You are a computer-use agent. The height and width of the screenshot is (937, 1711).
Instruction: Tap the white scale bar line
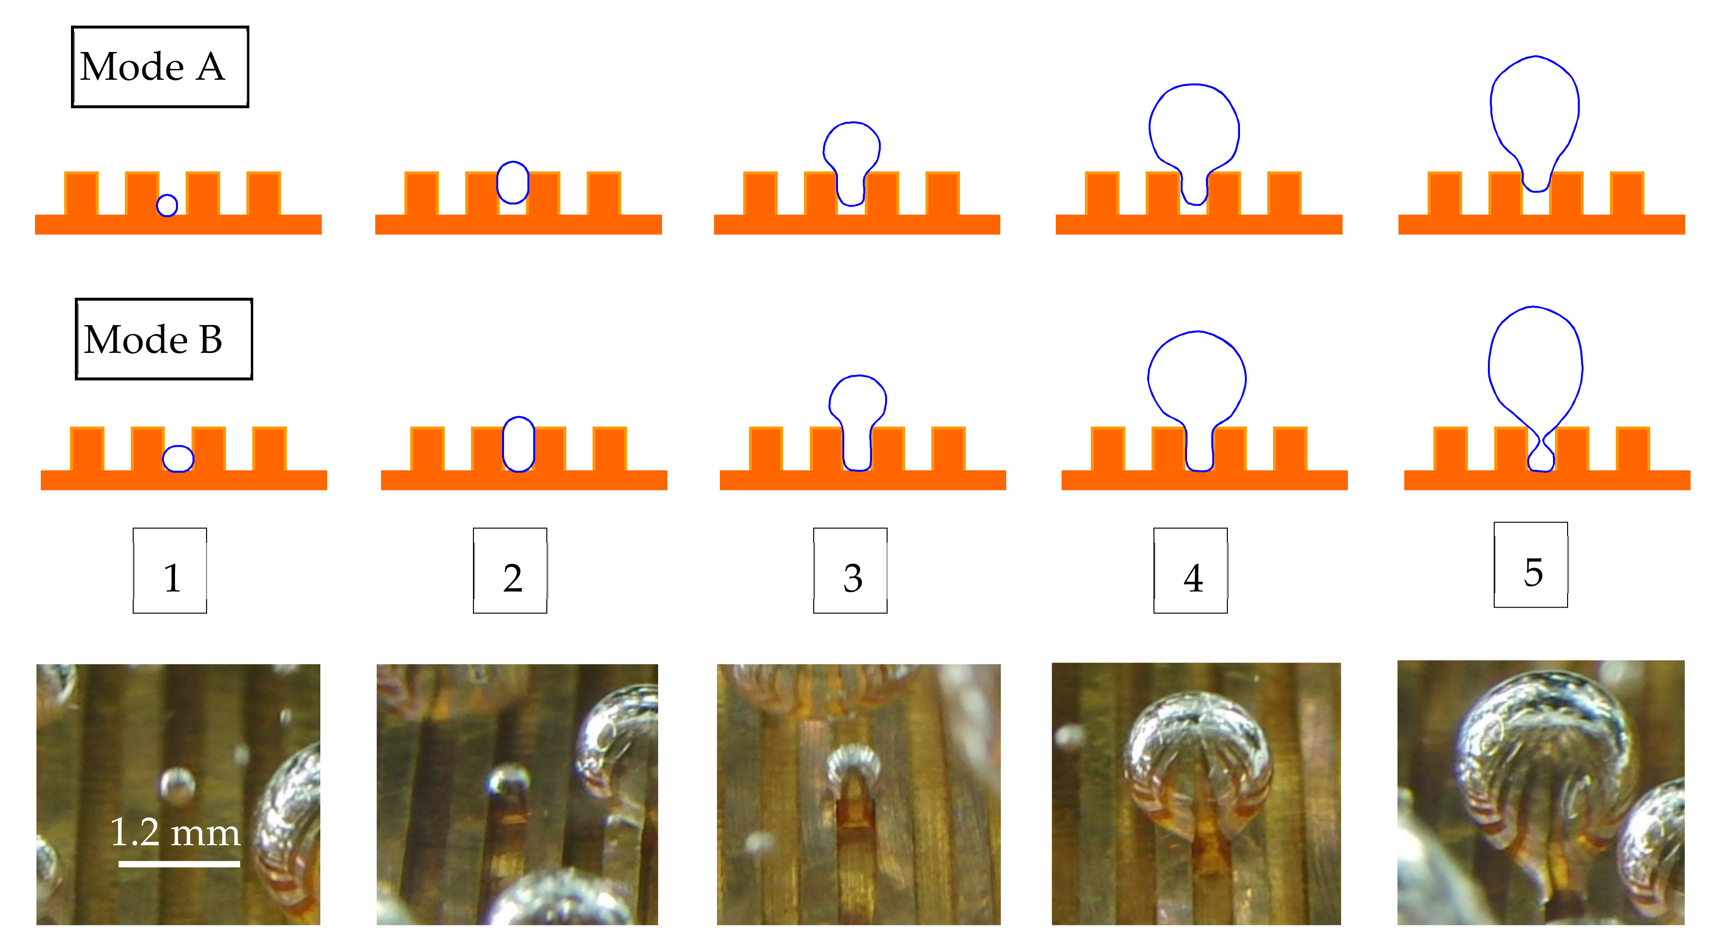(x=179, y=864)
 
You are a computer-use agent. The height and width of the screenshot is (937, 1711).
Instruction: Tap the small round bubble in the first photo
(x=176, y=783)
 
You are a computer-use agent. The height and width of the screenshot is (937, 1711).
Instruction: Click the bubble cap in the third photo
(x=854, y=763)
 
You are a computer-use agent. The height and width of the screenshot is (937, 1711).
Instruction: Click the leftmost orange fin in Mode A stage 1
(x=81, y=193)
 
